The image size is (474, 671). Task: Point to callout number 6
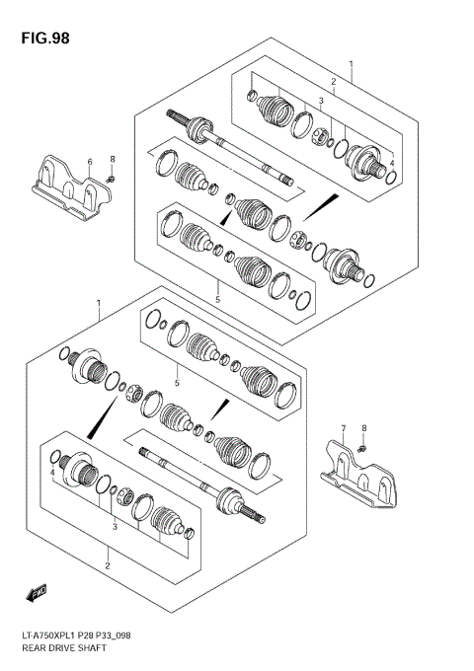pos(89,161)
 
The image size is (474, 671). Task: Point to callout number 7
pos(344,429)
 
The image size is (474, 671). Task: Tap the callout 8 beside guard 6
pos(113,159)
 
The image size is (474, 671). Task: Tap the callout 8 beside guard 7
pos(363,428)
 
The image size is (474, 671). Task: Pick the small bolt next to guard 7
pos(363,449)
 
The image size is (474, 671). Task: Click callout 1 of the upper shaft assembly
pos(349,62)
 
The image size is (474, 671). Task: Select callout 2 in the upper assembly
pos(334,81)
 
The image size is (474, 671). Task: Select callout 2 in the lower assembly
pos(107,565)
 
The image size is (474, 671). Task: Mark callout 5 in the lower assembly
pos(176,383)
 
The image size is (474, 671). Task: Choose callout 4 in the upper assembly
pos(391,163)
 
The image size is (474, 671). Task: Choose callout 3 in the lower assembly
pos(115,527)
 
